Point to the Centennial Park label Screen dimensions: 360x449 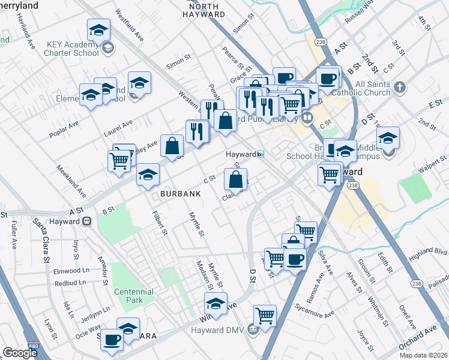133,296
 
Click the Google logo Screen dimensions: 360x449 20,353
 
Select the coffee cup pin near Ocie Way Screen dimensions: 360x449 111,339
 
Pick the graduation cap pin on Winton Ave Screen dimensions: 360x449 215,302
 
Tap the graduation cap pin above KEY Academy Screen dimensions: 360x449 98,29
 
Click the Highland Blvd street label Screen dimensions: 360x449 427,255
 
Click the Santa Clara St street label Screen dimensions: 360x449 42,244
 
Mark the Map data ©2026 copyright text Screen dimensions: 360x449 423,355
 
